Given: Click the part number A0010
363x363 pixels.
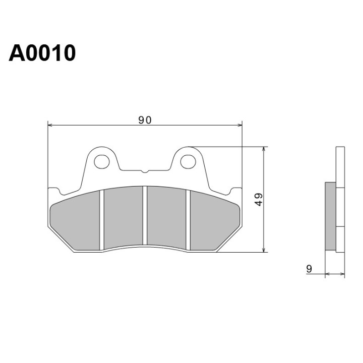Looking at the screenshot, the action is coord(42,53).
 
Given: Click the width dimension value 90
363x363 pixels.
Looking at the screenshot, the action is coord(145,120).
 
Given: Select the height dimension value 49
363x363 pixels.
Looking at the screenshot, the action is coord(259,199).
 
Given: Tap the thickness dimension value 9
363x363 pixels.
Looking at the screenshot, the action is coord(309,269).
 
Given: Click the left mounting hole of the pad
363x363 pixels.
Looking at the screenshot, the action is coord(102,162).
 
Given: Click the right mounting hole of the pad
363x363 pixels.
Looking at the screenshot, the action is coord(188,162).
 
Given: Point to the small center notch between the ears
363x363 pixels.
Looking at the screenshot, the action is coord(145,171).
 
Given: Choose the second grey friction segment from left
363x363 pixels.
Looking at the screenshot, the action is coord(124,218).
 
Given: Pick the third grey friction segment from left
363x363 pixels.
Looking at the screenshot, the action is coord(167,218).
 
